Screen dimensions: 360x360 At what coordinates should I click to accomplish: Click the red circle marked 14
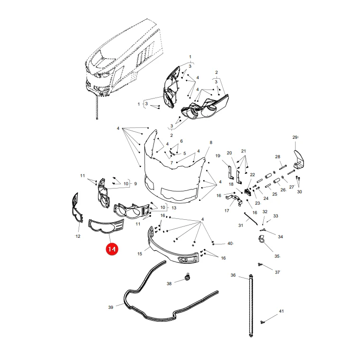click(x=112, y=249)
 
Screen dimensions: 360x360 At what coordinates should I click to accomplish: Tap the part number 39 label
click(x=111, y=307)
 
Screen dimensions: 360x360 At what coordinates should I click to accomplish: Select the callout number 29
click(x=295, y=137)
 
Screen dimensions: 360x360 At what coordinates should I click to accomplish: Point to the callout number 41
click(x=281, y=311)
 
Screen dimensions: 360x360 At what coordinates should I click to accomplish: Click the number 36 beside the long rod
click(x=233, y=275)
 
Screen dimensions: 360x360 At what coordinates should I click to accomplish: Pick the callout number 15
click(x=140, y=254)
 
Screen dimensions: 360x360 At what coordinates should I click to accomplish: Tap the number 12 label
click(x=78, y=236)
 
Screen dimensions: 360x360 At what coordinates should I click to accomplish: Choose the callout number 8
click(x=211, y=143)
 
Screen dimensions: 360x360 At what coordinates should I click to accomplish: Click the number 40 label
click(x=230, y=243)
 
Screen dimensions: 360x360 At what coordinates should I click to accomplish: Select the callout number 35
click(x=277, y=256)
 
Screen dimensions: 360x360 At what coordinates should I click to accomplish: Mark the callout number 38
click(x=169, y=284)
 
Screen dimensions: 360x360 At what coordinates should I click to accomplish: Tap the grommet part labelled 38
click(x=188, y=278)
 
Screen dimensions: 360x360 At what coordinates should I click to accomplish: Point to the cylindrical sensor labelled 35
click(x=261, y=239)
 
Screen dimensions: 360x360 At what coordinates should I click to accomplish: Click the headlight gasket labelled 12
click(x=77, y=208)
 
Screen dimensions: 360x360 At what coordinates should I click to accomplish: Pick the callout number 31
click(x=241, y=225)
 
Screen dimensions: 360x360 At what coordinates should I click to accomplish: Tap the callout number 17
click(x=226, y=210)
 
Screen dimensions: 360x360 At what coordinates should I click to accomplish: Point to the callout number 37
click(x=278, y=272)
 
